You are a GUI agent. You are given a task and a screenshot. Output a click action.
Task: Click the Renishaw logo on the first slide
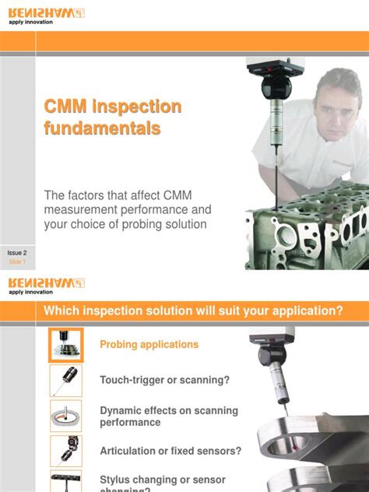[x=46, y=12]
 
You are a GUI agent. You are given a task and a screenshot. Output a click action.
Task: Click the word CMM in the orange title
[x=65, y=107]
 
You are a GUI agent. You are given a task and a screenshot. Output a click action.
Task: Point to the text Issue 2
[x=17, y=253]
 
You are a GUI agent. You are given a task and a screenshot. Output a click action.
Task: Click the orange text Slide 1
[x=17, y=263]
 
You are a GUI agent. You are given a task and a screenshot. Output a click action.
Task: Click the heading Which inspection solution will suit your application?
[x=194, y=311]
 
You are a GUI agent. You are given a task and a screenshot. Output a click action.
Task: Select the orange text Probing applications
[x=149, y=344]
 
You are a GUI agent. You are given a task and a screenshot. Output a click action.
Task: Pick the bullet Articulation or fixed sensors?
[x=170, y=451]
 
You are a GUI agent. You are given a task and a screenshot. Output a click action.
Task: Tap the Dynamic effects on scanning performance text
[x=169, y=416]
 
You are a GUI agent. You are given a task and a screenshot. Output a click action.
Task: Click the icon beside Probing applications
[x=66, y=345]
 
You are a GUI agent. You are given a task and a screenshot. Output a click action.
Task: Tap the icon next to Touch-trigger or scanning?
[x=66, y=380]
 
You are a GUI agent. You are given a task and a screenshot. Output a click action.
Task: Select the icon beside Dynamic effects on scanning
[x=66, y=416]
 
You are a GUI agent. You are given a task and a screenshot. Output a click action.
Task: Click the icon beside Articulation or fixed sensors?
[x=66, y=451]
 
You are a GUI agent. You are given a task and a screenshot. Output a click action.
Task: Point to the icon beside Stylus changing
[x=66, y=481]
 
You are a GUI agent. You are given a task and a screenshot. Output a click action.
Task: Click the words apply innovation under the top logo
[x=31, y=23]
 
